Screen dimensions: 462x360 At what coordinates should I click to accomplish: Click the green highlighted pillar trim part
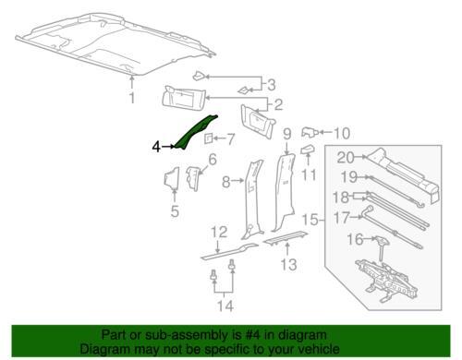coord(195,132)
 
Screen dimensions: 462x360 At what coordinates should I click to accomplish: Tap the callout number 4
coord(156,147)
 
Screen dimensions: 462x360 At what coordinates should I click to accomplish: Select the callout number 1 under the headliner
coord(132,98)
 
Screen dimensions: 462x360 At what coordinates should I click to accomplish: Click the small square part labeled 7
coord(208,138)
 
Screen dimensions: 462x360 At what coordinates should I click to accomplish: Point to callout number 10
coord(342,133)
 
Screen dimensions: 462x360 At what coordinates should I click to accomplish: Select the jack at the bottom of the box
coord(387,280)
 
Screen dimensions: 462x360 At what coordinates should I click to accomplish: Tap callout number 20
coord(346,157)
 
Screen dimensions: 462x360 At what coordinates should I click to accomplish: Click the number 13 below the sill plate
coord(288,265)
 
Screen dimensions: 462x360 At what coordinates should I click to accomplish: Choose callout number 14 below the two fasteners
coord(225,306)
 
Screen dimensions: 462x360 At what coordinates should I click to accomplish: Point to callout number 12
coord(219,233)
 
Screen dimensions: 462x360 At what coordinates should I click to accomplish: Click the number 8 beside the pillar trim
coord(226,182)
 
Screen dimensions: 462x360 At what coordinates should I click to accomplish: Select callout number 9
coord(286,135)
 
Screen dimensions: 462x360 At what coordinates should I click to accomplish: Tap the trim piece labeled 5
coord(172,178)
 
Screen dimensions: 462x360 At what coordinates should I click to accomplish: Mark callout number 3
coord(272,85)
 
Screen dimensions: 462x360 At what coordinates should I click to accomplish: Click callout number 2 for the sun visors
coord(278,105)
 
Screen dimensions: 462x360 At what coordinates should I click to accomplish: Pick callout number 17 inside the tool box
coord(342,218)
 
